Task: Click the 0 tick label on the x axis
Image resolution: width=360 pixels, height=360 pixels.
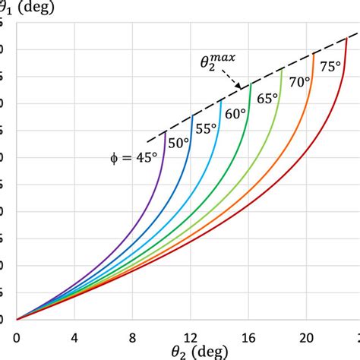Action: pyautogui.click(x=17, y=335)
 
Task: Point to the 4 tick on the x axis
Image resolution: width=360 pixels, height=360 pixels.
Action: pyautogui.click(x=75, y=335)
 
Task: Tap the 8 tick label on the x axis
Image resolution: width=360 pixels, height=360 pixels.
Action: pyautogui.click(x=133, y=335)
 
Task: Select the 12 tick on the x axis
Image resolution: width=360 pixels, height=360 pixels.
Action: pyautogui.click(x=191, y=335)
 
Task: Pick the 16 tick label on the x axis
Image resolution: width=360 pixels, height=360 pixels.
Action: pyautogui.click(x=249, y=335)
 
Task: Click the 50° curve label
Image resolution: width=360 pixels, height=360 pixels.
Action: pyautogui.click(x=178, y=143)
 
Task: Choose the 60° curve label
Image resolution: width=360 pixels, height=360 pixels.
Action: pyautogui.click(x=235, y=114)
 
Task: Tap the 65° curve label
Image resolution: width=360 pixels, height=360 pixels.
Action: pyautogui.click(x=265, y=98)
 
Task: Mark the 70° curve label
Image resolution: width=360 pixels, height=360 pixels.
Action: pyautogui.click(x=297, y=82)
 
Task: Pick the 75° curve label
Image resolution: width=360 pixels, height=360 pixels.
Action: pyautogui.click(x=330, y=66)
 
